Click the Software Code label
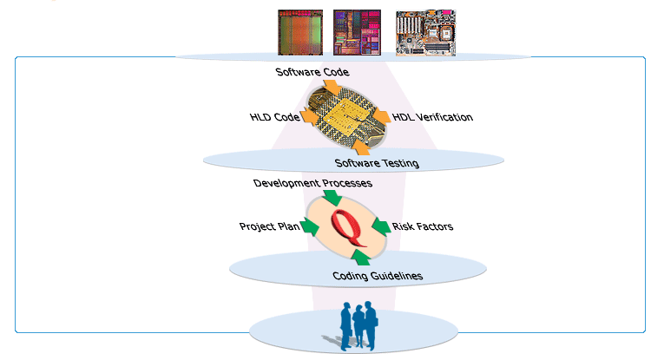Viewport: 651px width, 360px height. click(x=312, y=72)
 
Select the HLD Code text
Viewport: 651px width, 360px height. click(x=274, y=116)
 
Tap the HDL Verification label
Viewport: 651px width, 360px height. click(x=432, y=117)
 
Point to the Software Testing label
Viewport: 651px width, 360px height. click(x=377, y=163)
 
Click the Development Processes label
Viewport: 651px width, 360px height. click(x=312, y=183)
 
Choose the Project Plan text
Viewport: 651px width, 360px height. click(x=269, y=226)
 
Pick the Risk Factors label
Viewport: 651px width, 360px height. click(x=423, y=226)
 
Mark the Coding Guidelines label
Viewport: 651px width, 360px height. click(x=378, y=276)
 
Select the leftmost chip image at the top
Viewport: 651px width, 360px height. click(x=299, y=33)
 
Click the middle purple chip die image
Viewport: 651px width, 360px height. click(x=357, y=33)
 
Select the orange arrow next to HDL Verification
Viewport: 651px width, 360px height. click(x=381, y=115)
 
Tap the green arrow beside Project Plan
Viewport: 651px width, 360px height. click(x=310, y=226)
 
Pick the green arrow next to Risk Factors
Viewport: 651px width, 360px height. click(x=380, y=226)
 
